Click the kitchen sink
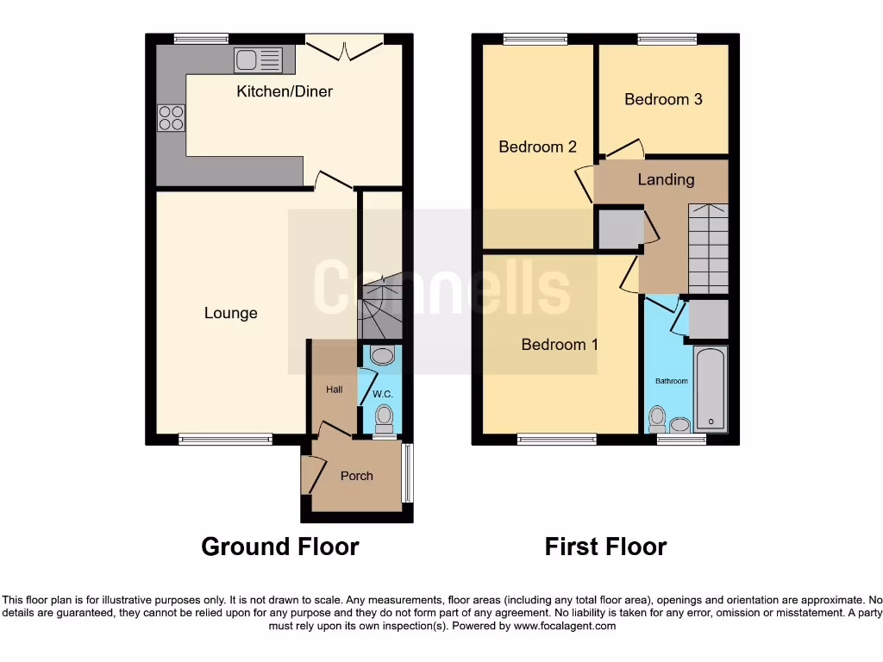pos(258,59)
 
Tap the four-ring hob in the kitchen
pos(171,117)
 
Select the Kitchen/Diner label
pos(285,91)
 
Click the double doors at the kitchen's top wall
pos(345,47)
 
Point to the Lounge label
pos(230,313)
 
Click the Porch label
pos(356,476)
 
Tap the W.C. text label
pos(382,395)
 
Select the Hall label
pos(334,390)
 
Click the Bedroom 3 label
pos(663,99)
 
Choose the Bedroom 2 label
pos(537,147)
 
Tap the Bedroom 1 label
pos(560,345)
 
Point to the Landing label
pos(666,179)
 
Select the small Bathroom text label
pos(671,381)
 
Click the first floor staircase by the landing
pos(708,248)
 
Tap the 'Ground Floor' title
pos(279,546)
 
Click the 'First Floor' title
pos(605,546)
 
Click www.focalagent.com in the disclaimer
pos(564,626)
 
